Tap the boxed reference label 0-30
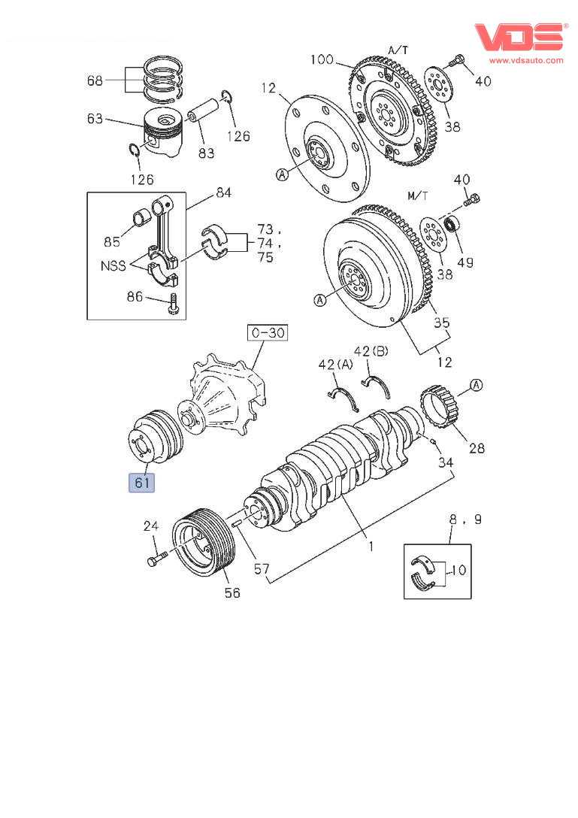coord(268,332)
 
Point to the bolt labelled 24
coord(157,560)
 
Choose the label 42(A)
coord(335,365)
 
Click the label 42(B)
coord(371,351)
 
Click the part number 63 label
coord(95,118)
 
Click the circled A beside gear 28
coord(476,386)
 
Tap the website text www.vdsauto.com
coord(526,59)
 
